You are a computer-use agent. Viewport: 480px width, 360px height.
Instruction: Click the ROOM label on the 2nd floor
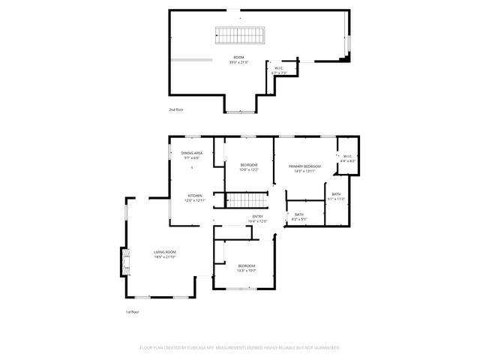pos(238,57)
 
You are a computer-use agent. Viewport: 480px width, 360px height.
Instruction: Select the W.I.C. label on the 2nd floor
pos(278,67)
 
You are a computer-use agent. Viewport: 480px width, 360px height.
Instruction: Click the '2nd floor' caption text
pos(176,109)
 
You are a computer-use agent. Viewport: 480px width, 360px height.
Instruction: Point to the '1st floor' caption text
pos(132,311)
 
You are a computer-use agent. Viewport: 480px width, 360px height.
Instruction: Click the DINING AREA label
pos(192,153)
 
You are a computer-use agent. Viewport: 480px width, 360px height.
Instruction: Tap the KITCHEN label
pos(194,195)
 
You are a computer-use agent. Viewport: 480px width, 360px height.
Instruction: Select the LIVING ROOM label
pos(165,252)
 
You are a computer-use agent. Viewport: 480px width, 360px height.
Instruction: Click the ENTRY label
pos(257,217)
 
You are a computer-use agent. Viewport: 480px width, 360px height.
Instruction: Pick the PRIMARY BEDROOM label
pos(305,166)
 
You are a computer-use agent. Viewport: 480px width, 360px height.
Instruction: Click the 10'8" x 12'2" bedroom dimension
pos(249,169)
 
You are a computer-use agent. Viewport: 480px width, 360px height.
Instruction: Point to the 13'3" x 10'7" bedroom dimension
pos(247,271)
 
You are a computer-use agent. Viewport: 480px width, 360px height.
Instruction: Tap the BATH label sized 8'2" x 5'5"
pos(299,215)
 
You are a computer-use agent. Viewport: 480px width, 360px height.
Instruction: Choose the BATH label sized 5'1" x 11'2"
pos(336,194)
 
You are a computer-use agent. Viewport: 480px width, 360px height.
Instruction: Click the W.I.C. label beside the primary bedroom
pos(348,157)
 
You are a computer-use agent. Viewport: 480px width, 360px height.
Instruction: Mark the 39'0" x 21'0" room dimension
pos(238,62)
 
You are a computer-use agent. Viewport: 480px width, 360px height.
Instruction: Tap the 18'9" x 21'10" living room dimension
pos(165,257)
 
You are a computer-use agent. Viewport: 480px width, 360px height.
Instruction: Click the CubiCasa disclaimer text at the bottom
pos(240,348)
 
